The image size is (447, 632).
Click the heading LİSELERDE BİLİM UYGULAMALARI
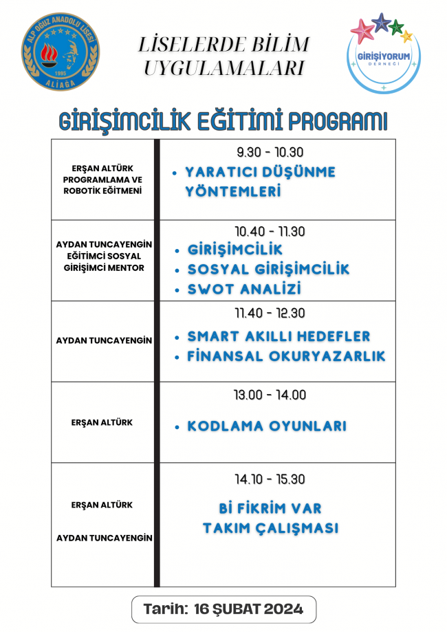click(223, 57)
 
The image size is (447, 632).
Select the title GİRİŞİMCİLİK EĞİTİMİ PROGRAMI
click(223, 121)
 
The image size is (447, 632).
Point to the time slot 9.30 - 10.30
click(270, 153)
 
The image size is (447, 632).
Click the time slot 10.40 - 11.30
click(270, 232)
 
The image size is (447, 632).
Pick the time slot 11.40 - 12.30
click(270, 313)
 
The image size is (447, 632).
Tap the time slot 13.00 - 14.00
click(270, 395)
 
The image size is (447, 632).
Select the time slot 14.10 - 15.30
click(270, 479)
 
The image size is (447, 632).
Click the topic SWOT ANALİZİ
click(245, 290)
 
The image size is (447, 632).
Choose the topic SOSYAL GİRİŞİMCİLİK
click(268, 270)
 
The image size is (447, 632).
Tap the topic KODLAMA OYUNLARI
click(267, 426)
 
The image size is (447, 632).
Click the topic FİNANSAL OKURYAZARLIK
click(286, 356)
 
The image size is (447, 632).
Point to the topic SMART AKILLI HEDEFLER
click(279, 336)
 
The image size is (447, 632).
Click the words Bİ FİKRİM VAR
click(270, 509)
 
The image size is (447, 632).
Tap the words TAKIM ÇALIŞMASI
click(270, 528)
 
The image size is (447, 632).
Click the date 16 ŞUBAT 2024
click(249, 609)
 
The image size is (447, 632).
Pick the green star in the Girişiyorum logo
click(396, 28)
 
